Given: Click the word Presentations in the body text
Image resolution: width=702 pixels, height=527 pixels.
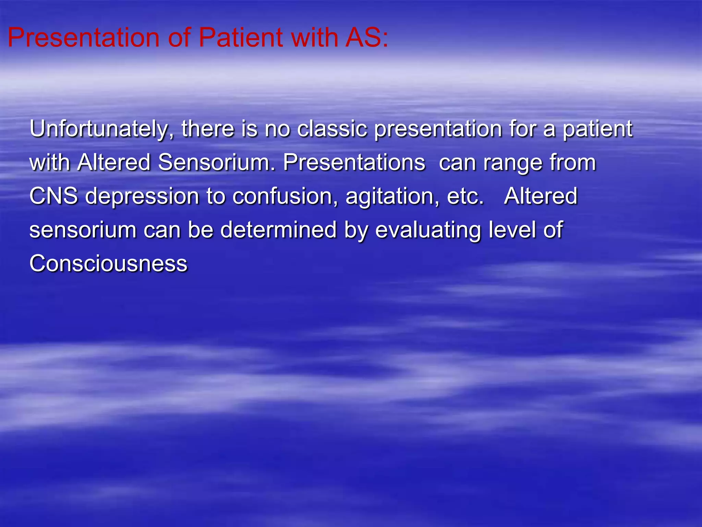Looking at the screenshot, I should coord(354,162).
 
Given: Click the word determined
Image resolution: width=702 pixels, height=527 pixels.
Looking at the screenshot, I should coord(278,230).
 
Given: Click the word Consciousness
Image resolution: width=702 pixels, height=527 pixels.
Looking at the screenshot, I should coord(108,263).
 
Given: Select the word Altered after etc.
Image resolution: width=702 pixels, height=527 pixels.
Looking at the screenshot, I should coord(541,196).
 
